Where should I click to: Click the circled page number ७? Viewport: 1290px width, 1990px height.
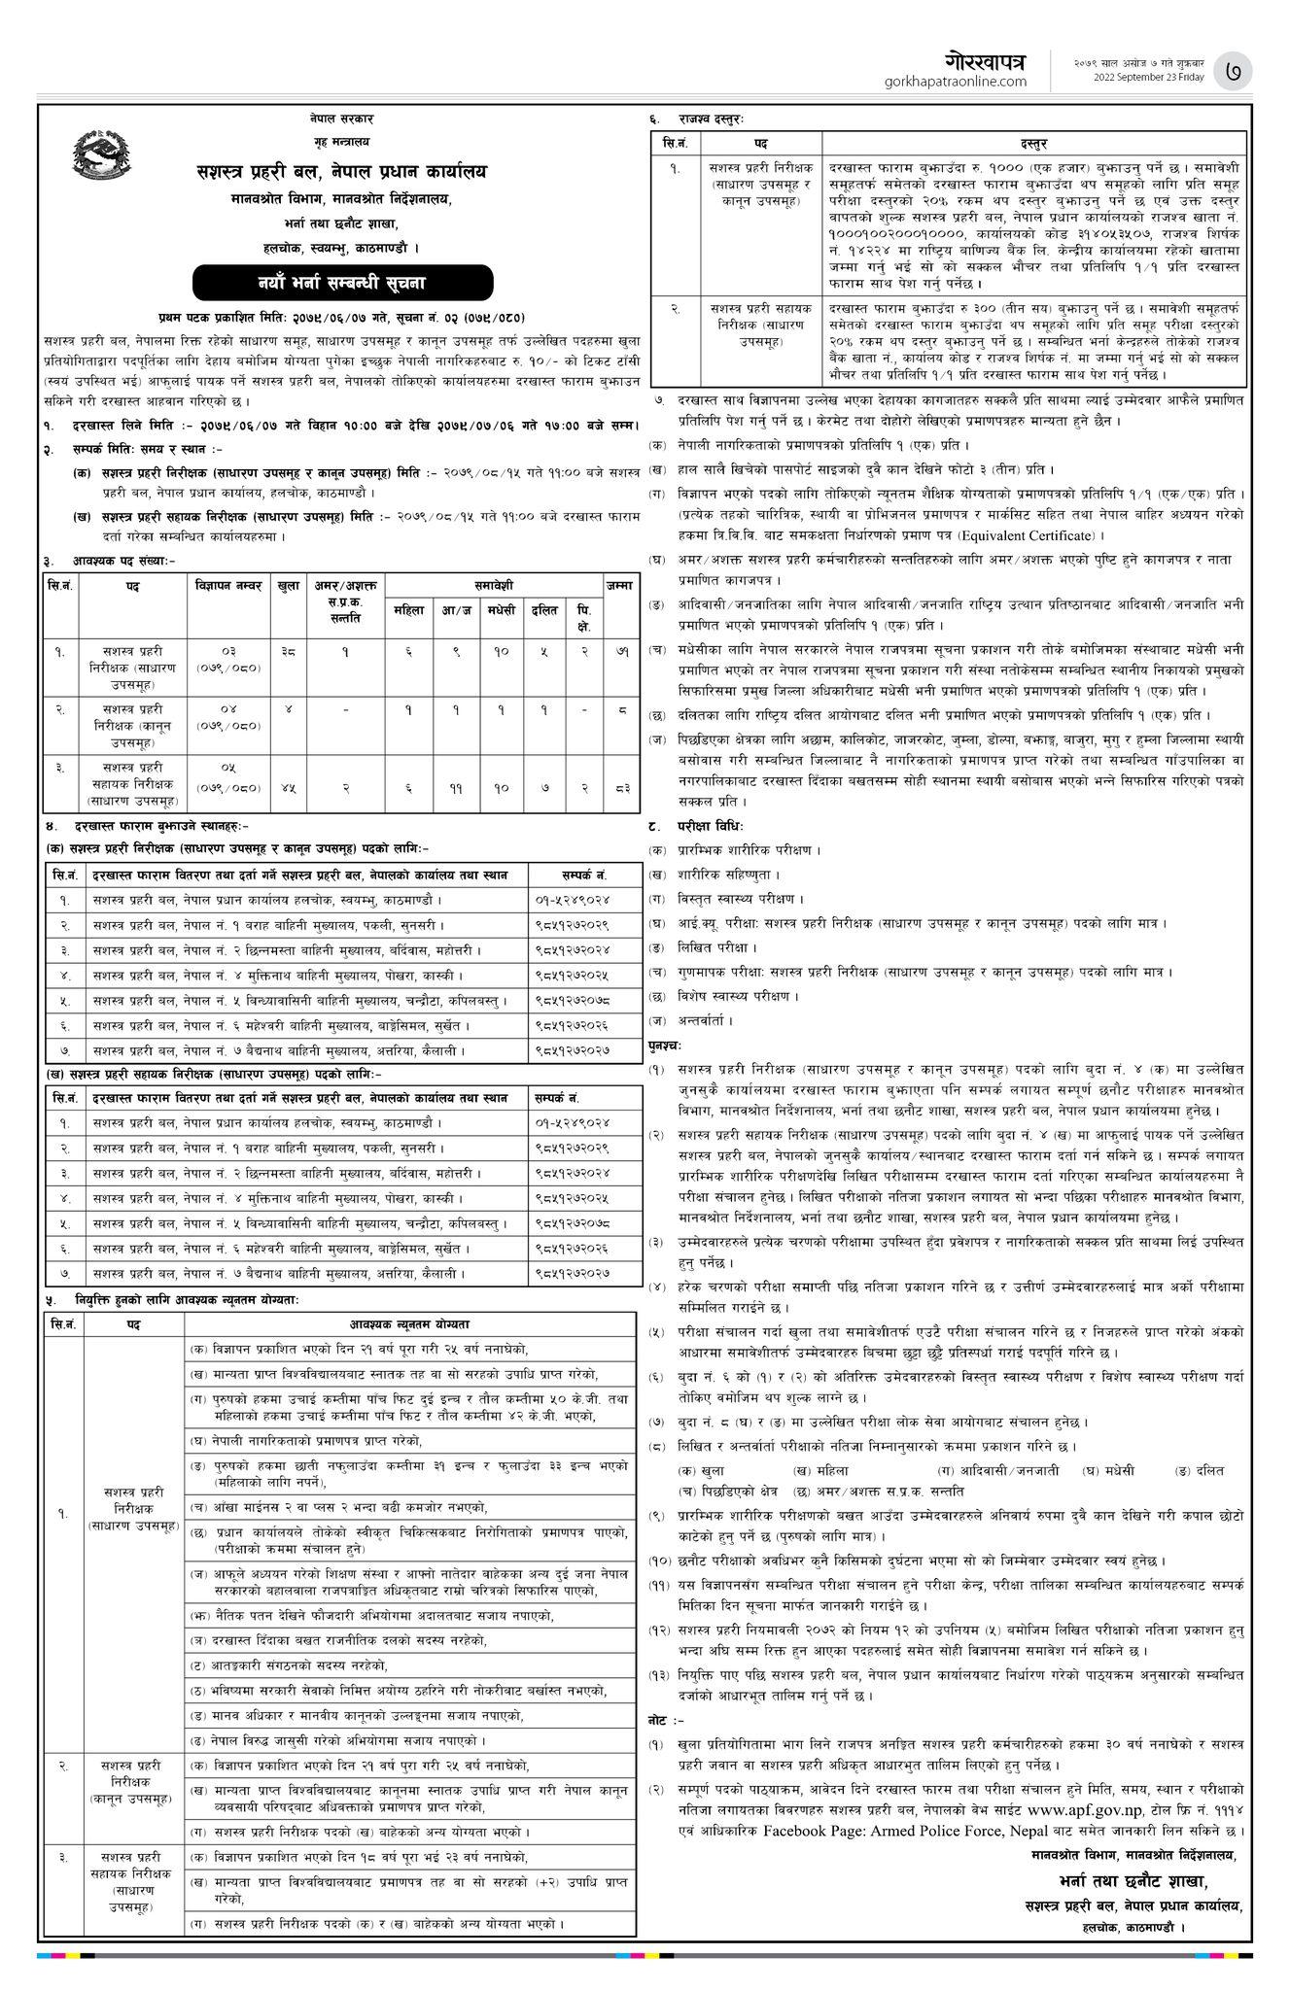coord(1237,71)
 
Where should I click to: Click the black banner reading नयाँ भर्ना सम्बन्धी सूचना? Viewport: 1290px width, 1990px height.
coord(342,283)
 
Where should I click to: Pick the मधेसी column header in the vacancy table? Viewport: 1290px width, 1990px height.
coord(500,609)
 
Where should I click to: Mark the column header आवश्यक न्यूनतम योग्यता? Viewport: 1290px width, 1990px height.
coord(408,1325)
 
